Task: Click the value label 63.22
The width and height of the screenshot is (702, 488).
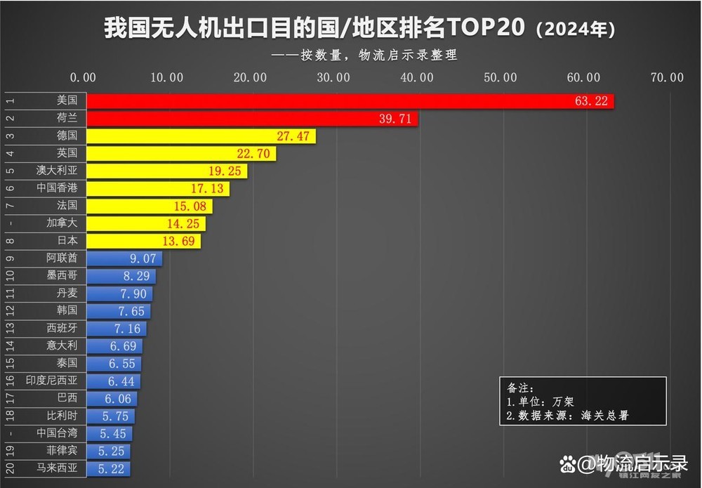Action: [591, 101]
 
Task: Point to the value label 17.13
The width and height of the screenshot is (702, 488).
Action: [207, 188]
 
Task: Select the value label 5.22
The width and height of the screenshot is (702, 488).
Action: [112, 468]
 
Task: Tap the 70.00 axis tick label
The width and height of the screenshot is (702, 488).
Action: [665, 78]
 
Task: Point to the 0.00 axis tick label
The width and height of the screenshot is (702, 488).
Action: [84, 78]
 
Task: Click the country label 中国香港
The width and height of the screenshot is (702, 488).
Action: [57, 188]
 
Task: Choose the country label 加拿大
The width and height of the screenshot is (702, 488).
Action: [62, 223]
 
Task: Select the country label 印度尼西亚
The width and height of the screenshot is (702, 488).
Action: [52, 381]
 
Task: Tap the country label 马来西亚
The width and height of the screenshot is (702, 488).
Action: [57, 468]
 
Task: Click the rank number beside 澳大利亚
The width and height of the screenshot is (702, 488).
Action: [9, 171]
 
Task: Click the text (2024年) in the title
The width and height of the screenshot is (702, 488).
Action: [576, 30]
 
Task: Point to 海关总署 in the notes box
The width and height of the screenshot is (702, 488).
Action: [605, 415]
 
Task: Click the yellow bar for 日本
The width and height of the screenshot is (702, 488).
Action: [144, 241]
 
